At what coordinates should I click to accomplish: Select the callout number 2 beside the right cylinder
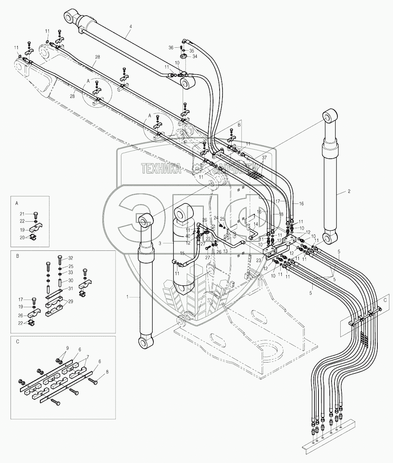tap(349, 191)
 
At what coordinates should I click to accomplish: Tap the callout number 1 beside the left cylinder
tap(127, 297)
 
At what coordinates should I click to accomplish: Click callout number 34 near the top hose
tap(195, 56)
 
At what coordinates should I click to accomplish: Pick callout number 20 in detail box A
tap(22, 237)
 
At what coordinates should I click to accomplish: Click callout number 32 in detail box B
tap(71, 257)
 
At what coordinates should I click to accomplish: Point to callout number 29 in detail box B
tap(71, 301)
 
